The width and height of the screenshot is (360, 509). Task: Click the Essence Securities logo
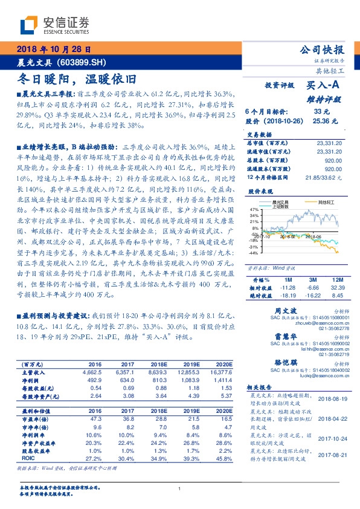click(x=54, y=24)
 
